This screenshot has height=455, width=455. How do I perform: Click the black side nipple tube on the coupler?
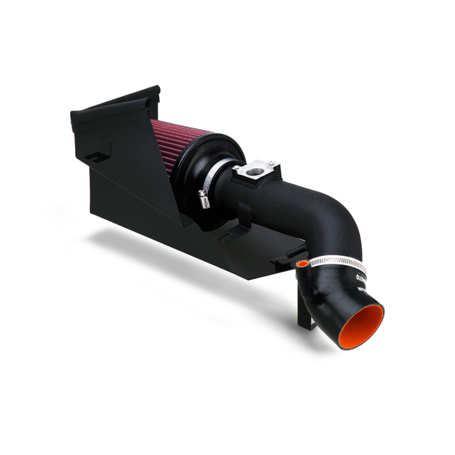tap(296, 265)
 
